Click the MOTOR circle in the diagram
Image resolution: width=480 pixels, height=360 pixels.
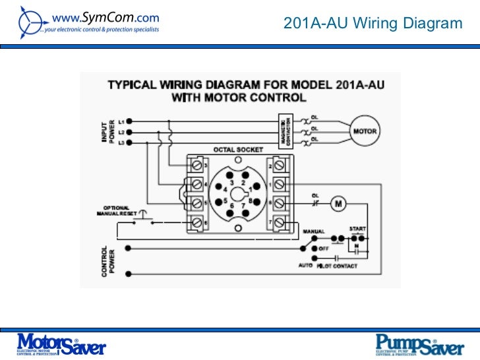click(365, 131)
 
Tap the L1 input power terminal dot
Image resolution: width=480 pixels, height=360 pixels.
click(129, 121)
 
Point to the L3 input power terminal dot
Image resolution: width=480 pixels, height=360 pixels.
click(129, 142)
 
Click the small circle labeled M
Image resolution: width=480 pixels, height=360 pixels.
click(338, 204)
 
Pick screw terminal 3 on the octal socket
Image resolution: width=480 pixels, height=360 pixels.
click(197, 164)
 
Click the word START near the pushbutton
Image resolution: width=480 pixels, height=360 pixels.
click(357, 228)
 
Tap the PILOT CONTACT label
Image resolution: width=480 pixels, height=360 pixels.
click(337, 266)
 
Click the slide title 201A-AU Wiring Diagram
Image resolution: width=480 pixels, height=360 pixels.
click(373, 24)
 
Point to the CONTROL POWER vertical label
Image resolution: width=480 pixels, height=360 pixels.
click(106, 260)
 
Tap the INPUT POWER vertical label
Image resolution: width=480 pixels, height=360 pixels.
click(106, 132)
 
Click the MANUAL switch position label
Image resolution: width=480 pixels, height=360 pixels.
click(313, 232)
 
